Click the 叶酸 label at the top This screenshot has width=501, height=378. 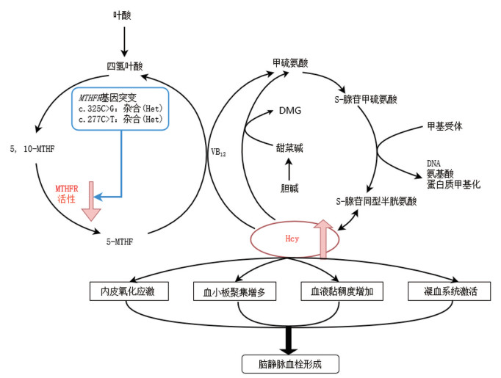123,15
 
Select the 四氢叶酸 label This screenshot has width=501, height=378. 123,67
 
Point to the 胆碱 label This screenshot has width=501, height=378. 290,187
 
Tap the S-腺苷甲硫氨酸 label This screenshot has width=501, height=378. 370,98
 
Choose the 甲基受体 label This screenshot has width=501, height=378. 444,126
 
